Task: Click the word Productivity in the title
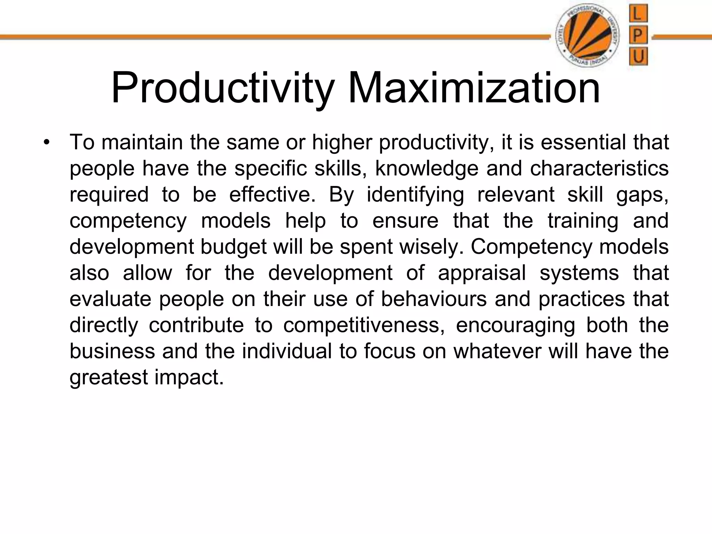pyautogui.click(x=222, y=88)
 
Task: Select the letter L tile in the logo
pyautogui.click(x=638, y=15)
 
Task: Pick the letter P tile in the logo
pyautogui.click(x=638, y=35)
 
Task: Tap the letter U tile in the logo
pyautogui.click(x=638, y=56)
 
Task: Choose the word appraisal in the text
pyautogui.click(x=482, y=273)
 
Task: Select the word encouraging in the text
pyautogui.click(x=515, y=325)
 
